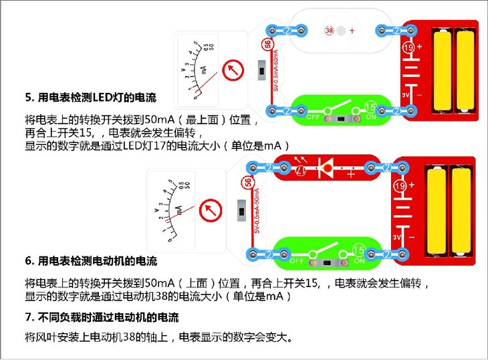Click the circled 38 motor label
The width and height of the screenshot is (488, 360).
tap(329, 31)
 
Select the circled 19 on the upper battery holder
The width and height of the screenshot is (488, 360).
tap(408, 48)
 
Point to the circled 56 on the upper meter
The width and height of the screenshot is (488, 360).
tap(268, 45)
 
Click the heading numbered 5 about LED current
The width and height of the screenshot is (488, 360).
tap(90, 98)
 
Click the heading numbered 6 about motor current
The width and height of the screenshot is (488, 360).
tap(90, 260)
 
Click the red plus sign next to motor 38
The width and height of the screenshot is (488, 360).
tap(352, 31)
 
